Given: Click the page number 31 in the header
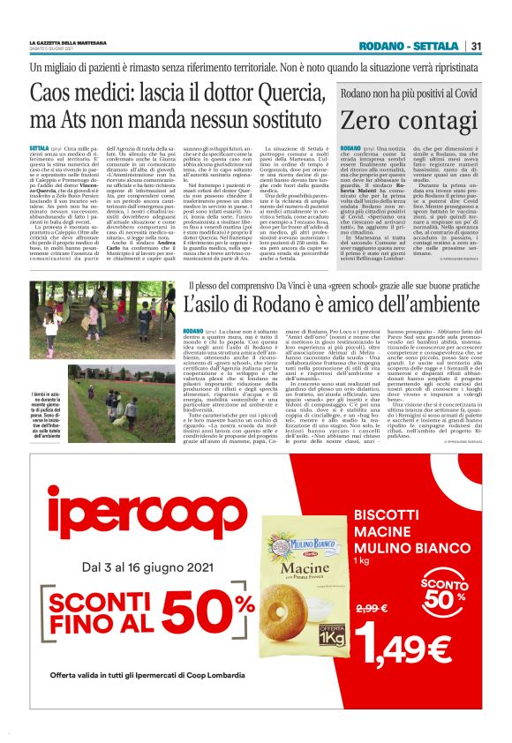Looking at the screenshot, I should coord(476,46).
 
